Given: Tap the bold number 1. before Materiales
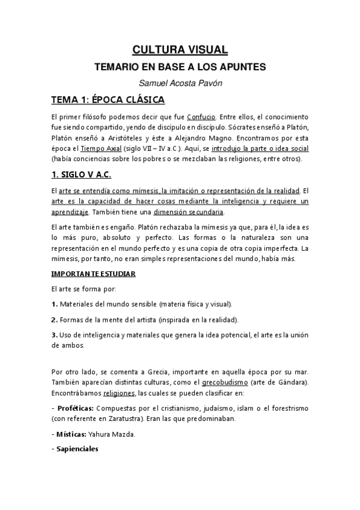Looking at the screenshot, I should (54, 304).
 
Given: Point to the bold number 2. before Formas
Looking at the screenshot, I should (54, 319).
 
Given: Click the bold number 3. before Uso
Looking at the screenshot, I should (54, 335).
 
